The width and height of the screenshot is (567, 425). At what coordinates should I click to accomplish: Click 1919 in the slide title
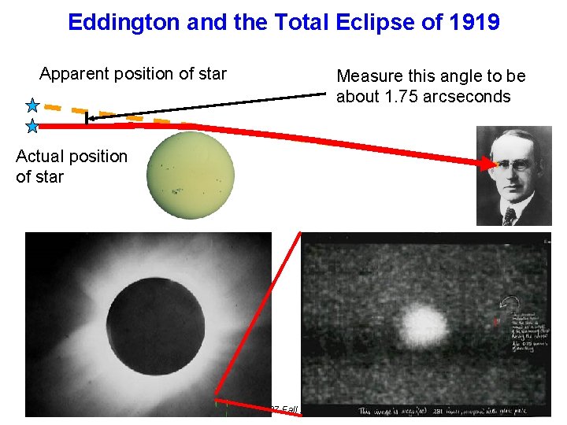coord(471,22)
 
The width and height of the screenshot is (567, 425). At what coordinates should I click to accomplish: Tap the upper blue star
coord(32,105)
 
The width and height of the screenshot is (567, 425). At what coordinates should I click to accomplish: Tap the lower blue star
coord(32,124)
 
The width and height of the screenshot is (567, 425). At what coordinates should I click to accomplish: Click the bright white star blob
coord(424,323)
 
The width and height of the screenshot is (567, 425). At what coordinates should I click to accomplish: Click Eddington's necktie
coord(510,215)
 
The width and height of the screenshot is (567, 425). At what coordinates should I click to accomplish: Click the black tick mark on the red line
coord(86,119)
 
